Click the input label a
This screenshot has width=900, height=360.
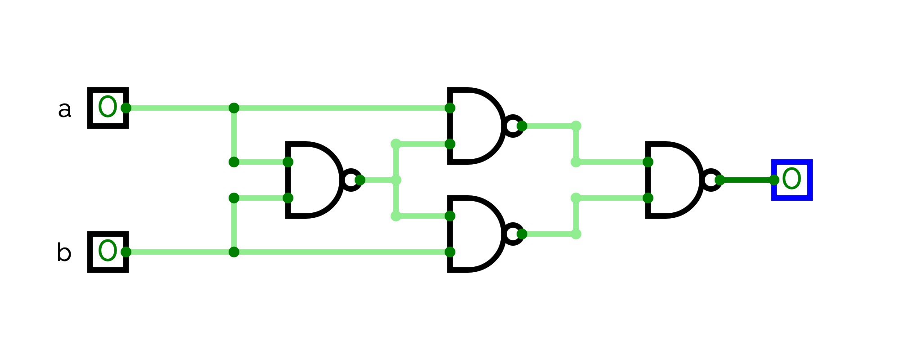pyautogui.click(x=64, y=110)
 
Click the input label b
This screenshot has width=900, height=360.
pyautogui.click(x=64, y=252)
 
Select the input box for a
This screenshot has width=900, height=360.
pyautogui.click(x=107, y=108)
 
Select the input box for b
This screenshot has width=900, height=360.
pyautogui.click(x=107, y=252)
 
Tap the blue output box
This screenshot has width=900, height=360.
pyautogui.click(x=792, y=180)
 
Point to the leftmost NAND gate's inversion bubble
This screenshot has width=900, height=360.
pyautogui.click(x=351, y=180)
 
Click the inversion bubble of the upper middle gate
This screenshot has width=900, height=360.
pyautogui.click(x=513, y=126)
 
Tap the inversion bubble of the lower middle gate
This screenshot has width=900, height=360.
pyautogui.click(x=513, y=234)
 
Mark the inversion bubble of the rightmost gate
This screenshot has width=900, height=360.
pyautogui.click(x=711, y=180)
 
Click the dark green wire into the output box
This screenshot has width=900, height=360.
pyautogui.click(x=747, y=180)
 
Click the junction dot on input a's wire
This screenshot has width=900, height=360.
pyautogui.click(x=234, y=108)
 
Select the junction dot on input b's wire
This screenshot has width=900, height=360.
pyautogui.click(x=234, y=252)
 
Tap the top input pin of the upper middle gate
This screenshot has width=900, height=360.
pyautogui.click(x=450, y=108)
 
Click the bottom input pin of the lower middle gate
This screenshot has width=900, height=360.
pyautogui.click(x=450, y=252)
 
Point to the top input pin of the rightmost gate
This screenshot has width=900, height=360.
pyautogui.click(x=648, y=162)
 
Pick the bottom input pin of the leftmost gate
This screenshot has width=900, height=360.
pyautogui.click(x=288, y=198)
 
